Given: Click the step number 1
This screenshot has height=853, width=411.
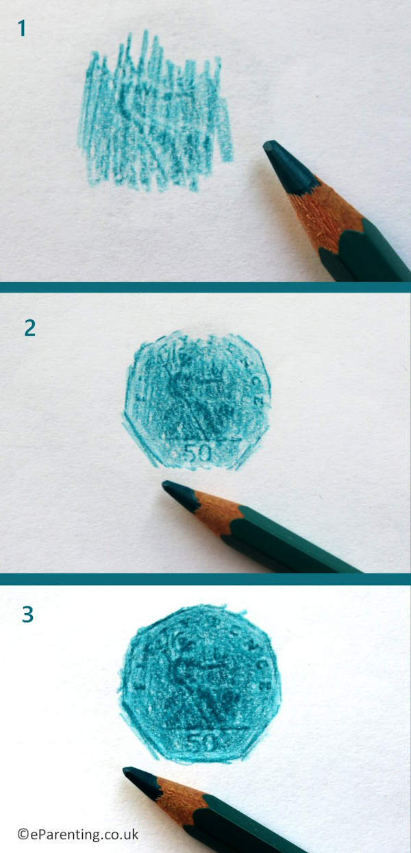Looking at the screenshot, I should [22, 28].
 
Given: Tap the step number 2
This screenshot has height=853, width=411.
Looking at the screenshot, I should [29, 327].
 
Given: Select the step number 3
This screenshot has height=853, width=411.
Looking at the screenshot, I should [27, 615].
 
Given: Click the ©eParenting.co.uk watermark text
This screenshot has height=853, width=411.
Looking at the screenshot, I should [78, 834].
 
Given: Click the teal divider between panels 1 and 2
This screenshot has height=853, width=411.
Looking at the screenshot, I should [206, 287].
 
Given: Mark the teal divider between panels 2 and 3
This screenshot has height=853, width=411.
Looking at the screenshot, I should [206, 579].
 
